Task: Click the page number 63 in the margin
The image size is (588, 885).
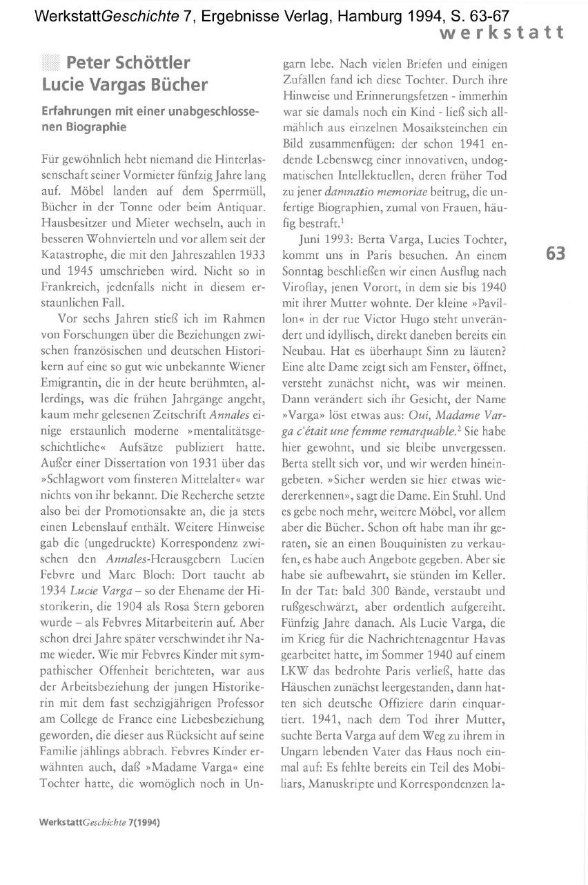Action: (556, 254)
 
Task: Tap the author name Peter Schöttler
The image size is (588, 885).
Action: (128, 64)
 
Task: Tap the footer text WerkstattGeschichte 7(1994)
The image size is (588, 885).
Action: (100, 823)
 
